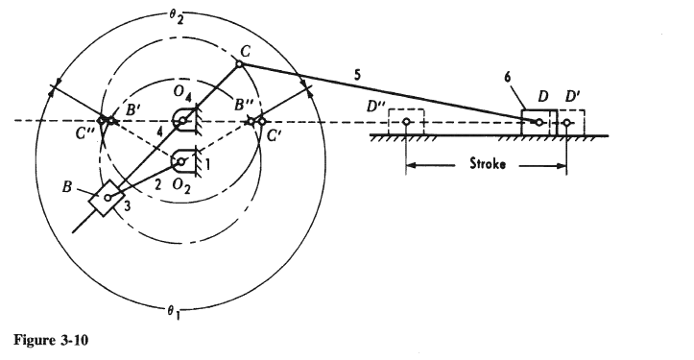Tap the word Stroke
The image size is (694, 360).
(488, 163)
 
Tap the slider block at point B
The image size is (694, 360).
(108, 199)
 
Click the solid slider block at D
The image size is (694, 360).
(538, 122)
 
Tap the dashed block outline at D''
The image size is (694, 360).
(406, 123)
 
